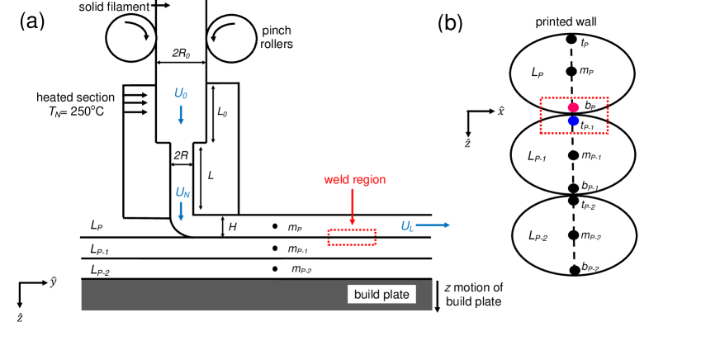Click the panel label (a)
click(32, 21)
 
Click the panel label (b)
click(450, 22)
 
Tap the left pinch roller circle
click(131, 37)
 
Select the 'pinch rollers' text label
click(277, 37)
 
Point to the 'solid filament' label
click(115, 7)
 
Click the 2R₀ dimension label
click(180, 53)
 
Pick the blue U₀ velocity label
click(180, 94)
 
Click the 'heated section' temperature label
click(74, 103)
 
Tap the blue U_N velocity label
click(182, 193)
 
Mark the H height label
click(232, 226)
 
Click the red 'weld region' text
click(353, 179)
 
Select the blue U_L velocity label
click(406, 225)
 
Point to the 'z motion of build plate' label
click(474, 294)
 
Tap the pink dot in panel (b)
click(572, 107)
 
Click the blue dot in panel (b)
click(573, 121)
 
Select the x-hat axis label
click(500, 111)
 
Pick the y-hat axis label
click(54, 282)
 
